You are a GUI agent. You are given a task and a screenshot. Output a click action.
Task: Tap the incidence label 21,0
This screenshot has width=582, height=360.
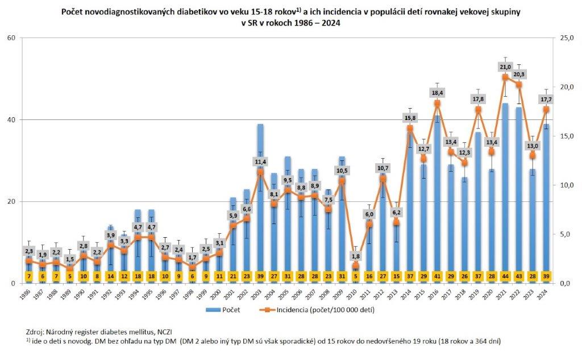pyautogui.click(x=505, y=67)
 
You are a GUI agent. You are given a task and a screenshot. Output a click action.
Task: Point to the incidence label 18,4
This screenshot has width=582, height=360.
pyautogui.click(x=436, y=92)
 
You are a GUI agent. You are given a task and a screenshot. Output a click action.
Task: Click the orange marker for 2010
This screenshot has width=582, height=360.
pyautogui.click(x=356, y=266)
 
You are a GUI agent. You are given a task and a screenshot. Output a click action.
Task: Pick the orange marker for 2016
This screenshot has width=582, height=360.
pyautogui.click(x=436, y=103)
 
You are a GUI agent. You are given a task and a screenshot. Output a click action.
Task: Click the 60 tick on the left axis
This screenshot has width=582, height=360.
pyautogui.click(x=11, y=38)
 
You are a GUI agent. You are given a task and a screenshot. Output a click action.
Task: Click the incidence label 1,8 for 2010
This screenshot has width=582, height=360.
pyautogui.click(x=356, y=256)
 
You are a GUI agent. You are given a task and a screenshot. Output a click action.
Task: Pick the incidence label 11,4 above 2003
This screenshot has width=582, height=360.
pyautogui.click(x=260, y=162)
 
